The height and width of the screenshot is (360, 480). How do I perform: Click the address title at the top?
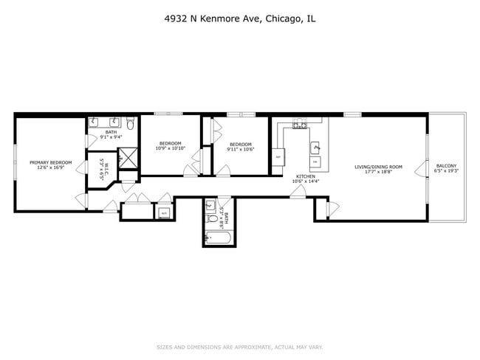241,19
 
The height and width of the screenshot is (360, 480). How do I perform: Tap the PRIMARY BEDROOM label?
51,162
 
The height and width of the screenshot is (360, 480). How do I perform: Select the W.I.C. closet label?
106,170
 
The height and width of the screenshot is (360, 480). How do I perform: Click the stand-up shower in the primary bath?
128,157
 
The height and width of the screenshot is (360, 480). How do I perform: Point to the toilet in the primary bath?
130,123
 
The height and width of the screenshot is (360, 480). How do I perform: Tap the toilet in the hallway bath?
210,207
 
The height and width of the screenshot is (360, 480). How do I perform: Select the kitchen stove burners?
300,125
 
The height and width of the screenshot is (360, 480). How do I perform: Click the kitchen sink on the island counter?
314,147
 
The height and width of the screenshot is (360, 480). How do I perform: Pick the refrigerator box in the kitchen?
278,157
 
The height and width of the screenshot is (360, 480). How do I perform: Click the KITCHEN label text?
306,176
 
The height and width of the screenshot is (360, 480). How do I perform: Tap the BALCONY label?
446,165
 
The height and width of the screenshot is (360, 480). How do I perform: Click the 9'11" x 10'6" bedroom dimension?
241,149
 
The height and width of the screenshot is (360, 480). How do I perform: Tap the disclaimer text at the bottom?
240,347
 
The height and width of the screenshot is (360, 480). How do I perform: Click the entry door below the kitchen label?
298,192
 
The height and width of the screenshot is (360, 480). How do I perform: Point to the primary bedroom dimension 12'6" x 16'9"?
51,167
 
